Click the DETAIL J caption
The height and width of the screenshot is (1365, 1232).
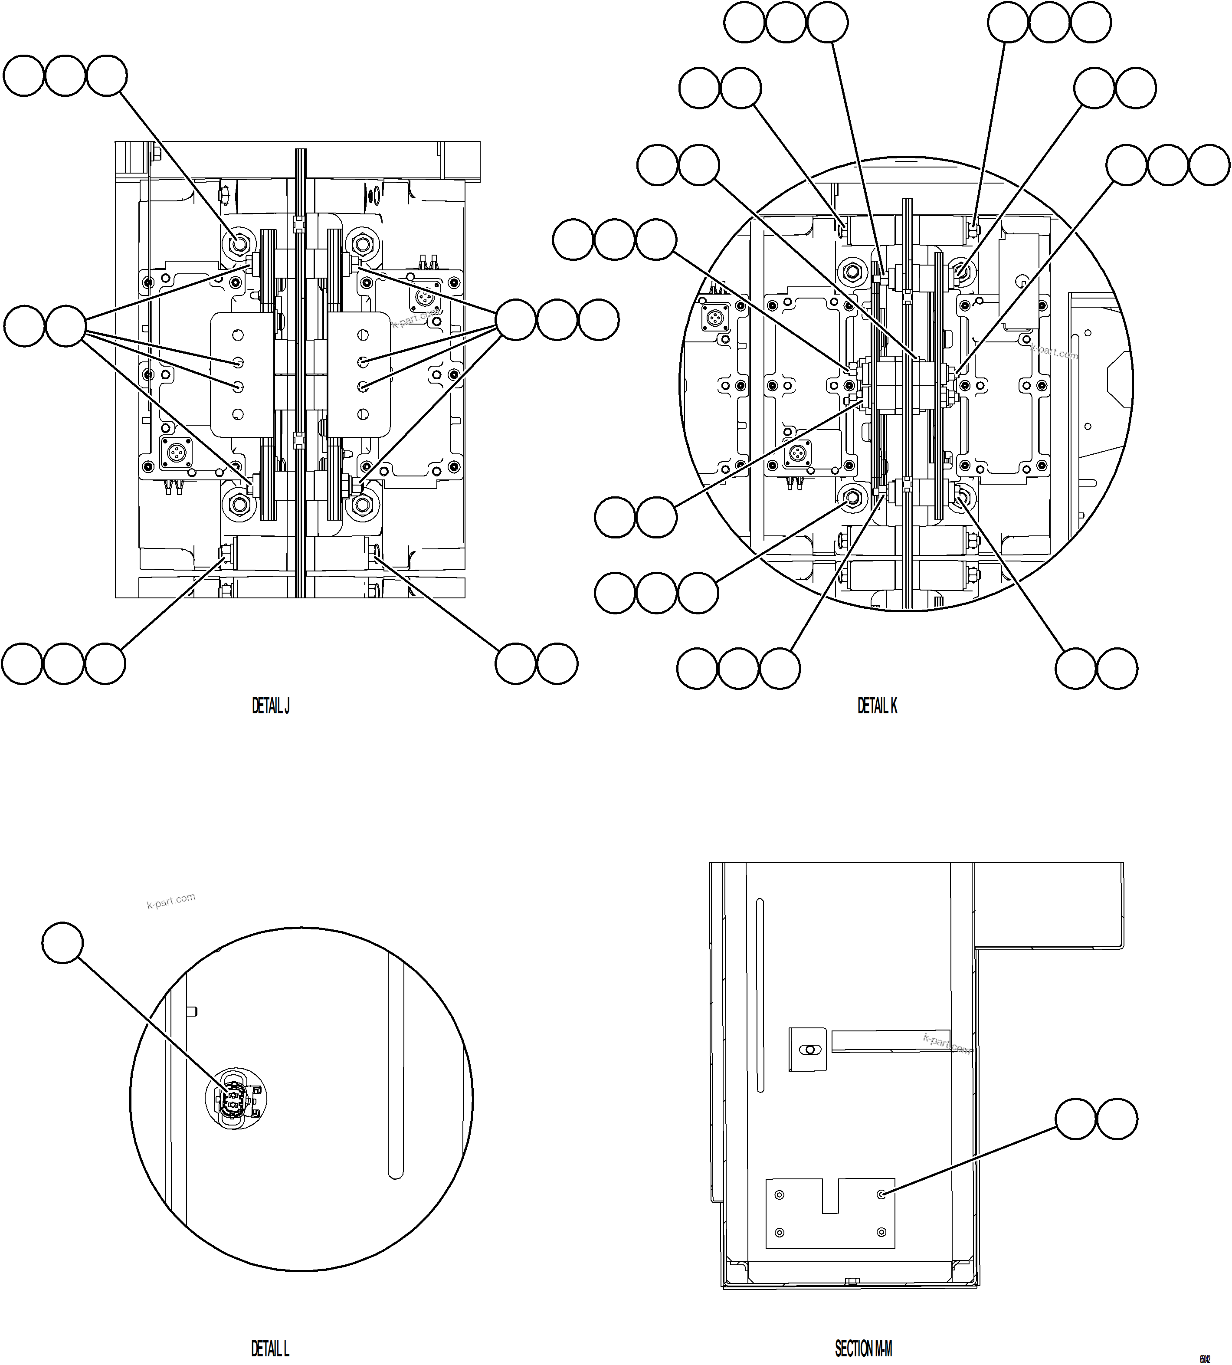click(271, 706)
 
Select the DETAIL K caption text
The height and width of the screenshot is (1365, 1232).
click(877, 706)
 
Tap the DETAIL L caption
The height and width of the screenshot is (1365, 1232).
click(270, 1329)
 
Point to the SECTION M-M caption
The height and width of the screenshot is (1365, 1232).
click(864, 1329)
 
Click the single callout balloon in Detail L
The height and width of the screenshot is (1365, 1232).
click(62, 942)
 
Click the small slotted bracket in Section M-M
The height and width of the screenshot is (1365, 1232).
click(808, 1050)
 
